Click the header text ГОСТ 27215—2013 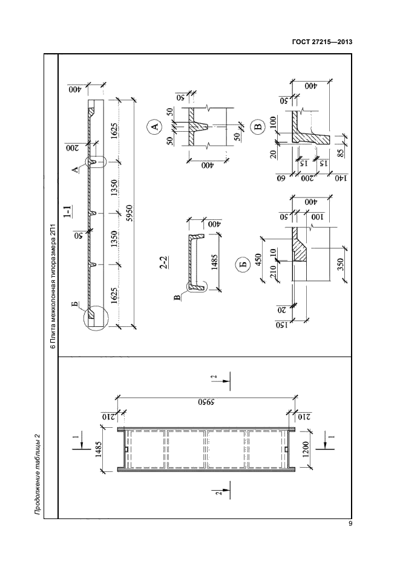[x=322, y=42]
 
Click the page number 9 [x=350, y=524]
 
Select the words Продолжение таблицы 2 [x=37, y=474]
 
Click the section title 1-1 [x=67, y=211]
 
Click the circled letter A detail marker [x=154, y=126]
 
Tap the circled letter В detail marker [x=257, y=127]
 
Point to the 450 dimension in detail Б [x=258, y=259]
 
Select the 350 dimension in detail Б [x=341, y=264]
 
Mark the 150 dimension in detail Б [x=281, y=324]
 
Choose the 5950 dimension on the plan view [x=206, y=402]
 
